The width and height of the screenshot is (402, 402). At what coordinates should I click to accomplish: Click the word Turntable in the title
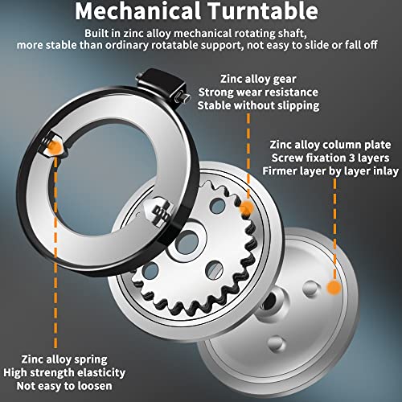point(263,11)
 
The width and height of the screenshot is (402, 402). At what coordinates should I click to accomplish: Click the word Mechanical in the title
point(137,11)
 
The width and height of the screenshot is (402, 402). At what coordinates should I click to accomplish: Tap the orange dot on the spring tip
point(55,146)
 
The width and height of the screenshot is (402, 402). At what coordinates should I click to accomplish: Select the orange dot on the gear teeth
point(247,208)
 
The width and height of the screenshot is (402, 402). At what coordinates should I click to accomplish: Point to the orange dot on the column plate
point(334,288)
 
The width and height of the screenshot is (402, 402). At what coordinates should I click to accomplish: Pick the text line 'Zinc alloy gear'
point(258,79)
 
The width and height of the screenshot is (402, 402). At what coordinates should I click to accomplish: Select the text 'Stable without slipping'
point(258,105)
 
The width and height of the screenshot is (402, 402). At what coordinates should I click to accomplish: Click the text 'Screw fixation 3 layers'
point(330,158)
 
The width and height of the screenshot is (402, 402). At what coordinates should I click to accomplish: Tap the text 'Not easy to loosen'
point(64,386)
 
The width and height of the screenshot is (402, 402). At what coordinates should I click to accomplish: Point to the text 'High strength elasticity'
point(64,373)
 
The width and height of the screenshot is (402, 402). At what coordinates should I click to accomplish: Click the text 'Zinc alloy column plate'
point(330,145)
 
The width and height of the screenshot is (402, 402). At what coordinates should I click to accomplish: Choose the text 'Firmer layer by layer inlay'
point(330,171)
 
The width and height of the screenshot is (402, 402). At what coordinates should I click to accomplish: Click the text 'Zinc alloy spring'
point(64,359)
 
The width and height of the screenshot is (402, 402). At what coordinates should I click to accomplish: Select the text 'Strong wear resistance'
point(258,92)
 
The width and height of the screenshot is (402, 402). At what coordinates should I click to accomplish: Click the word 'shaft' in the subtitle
point(292,34)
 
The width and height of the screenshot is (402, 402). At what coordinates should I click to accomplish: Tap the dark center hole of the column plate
point(269,301)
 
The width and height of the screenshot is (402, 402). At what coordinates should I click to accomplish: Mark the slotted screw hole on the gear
point(215,269)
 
